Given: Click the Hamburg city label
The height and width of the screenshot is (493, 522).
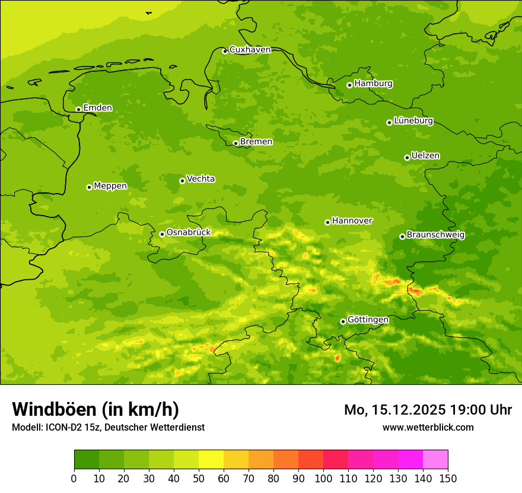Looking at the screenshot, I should click(373, 84).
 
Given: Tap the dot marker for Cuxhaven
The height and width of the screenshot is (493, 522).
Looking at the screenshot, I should click(225, 51).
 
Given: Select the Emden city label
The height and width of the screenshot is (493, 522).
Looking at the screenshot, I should click(97, 108).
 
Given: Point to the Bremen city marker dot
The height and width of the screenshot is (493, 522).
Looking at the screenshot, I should click(235, 143).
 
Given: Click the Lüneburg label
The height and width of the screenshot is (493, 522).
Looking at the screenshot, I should click(413, 121).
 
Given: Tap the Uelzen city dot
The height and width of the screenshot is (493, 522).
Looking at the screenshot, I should click(407, 157).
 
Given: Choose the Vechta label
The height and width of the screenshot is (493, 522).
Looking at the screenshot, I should click(200, 179).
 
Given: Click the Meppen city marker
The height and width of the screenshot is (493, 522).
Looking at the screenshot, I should click(89, 187).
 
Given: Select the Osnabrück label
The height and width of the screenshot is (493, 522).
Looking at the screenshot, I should click(189, 233).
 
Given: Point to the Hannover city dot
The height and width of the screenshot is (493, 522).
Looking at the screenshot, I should click(327, 222).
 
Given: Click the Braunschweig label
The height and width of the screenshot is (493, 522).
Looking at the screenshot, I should click(435, 235).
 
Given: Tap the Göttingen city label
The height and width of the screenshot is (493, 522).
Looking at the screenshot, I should click(368, 320).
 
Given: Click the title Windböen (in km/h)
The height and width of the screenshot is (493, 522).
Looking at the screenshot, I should click(96, 409).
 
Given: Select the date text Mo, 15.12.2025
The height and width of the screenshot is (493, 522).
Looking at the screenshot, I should click(394, 410).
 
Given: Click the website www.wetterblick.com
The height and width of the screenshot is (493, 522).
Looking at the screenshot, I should click(428, 427).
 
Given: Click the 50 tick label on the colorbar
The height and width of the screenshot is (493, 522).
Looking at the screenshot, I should click(199, 479).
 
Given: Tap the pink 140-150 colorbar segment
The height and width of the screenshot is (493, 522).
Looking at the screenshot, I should click(435, 459).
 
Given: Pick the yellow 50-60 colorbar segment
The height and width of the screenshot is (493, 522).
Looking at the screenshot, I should click(211, 459).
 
